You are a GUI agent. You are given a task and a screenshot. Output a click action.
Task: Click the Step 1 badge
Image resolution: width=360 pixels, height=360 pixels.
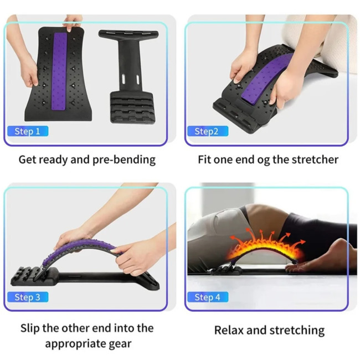[28, 131]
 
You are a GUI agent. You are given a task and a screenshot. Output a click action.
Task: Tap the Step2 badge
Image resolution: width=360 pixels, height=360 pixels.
[208, 131]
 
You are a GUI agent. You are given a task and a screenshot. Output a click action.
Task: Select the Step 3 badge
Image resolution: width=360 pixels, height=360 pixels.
[28, 297]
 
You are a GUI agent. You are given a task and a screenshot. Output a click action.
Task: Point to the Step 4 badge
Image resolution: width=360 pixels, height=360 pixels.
[208, 297]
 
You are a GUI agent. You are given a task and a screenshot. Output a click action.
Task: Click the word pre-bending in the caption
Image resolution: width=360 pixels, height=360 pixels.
[124, 160]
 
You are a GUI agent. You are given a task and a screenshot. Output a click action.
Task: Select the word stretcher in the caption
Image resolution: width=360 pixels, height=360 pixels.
[315, 160]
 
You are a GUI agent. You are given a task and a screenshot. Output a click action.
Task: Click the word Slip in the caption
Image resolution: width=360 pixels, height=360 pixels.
[30, 328]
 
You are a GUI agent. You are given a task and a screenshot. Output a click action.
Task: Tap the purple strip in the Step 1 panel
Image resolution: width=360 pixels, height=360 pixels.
[59, 71]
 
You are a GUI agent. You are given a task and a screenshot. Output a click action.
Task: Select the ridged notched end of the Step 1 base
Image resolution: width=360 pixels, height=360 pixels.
[132, 107]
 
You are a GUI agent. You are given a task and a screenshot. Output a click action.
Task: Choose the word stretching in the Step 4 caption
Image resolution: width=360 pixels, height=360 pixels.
[297, 331]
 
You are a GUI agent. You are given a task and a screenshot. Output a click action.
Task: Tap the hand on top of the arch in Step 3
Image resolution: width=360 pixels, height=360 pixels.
[74, 238]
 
